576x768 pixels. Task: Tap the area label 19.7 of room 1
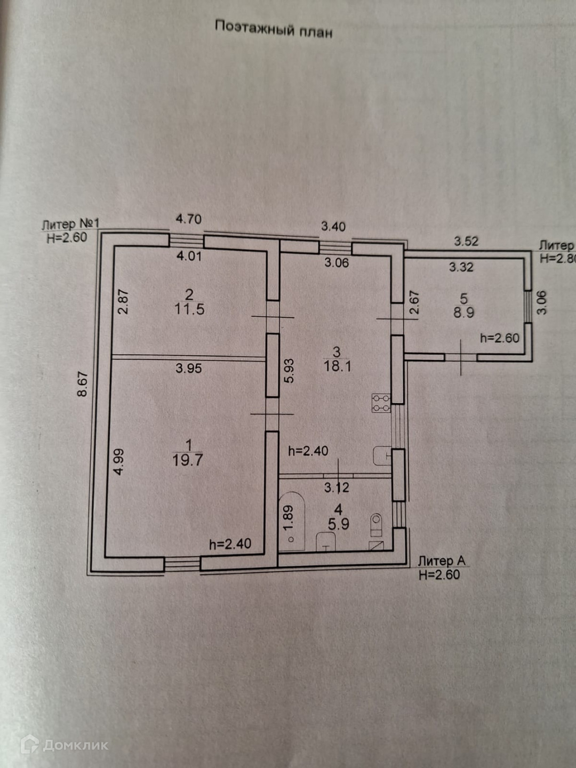(x=187, y=460)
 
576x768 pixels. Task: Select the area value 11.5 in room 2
(x=189, y=309)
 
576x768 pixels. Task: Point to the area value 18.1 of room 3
(x=337, y=366)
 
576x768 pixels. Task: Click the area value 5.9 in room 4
(x=338, y=524)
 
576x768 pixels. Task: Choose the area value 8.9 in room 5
(x=463, y=313)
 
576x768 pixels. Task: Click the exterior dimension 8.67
(x=83, y=384)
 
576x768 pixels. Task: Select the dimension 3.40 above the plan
(x=333, y=227)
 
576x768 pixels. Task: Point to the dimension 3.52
(x=466, y=241)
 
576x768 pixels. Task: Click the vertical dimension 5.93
(x=289, y=371)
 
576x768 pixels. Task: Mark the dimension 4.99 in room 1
(x=119, y=462)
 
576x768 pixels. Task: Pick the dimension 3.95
(x=189, y=368)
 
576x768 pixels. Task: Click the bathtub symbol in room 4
(x=292, y=522)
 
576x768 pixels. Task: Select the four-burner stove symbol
(x=381, y=403)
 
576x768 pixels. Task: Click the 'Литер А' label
(x=442, y=561)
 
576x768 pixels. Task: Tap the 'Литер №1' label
(x=70, y=224)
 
